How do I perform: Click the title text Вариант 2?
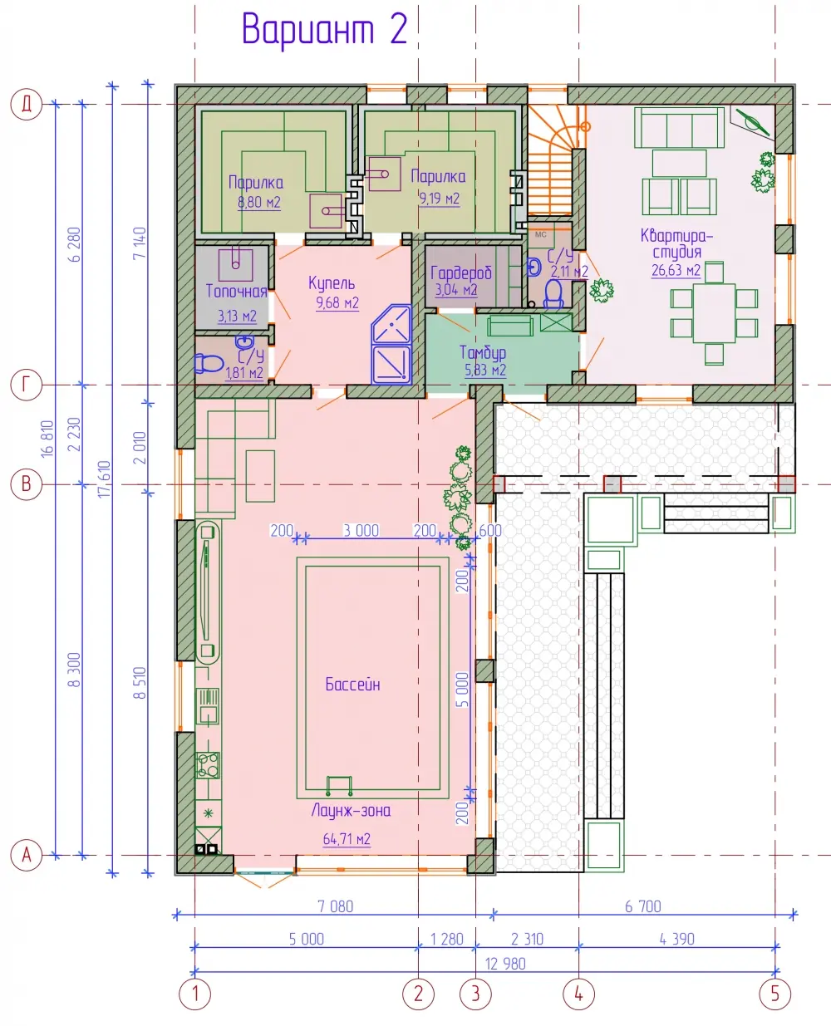(x=325, y=30)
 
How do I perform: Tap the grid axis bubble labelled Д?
(x=27, y=104)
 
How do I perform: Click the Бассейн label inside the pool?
(x=352, y=684)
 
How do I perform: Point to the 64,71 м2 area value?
(x=347, y=838)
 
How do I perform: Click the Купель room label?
(x=332, y=283)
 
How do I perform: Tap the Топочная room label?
(x=237, y=291)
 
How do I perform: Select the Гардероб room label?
(x=461, y=273)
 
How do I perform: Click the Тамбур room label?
(x=483, y=352)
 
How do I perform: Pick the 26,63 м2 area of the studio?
(x=676, y=270)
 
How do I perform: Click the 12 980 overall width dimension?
(x=505, y=964)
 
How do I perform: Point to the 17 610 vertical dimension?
(x=105, y=479)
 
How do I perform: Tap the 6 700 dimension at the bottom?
(x=642, y=906)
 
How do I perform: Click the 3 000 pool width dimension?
(x=361, y=530)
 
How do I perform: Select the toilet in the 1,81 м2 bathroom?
(x=209, y=363)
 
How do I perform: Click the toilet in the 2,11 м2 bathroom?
(x=553, y=294)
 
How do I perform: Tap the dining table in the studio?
(x=714, y=313)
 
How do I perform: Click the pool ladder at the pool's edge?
(x=339, y=786)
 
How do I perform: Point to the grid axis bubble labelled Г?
(x=27, y=385)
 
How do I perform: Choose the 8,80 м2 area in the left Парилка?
(x=259, y=202)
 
